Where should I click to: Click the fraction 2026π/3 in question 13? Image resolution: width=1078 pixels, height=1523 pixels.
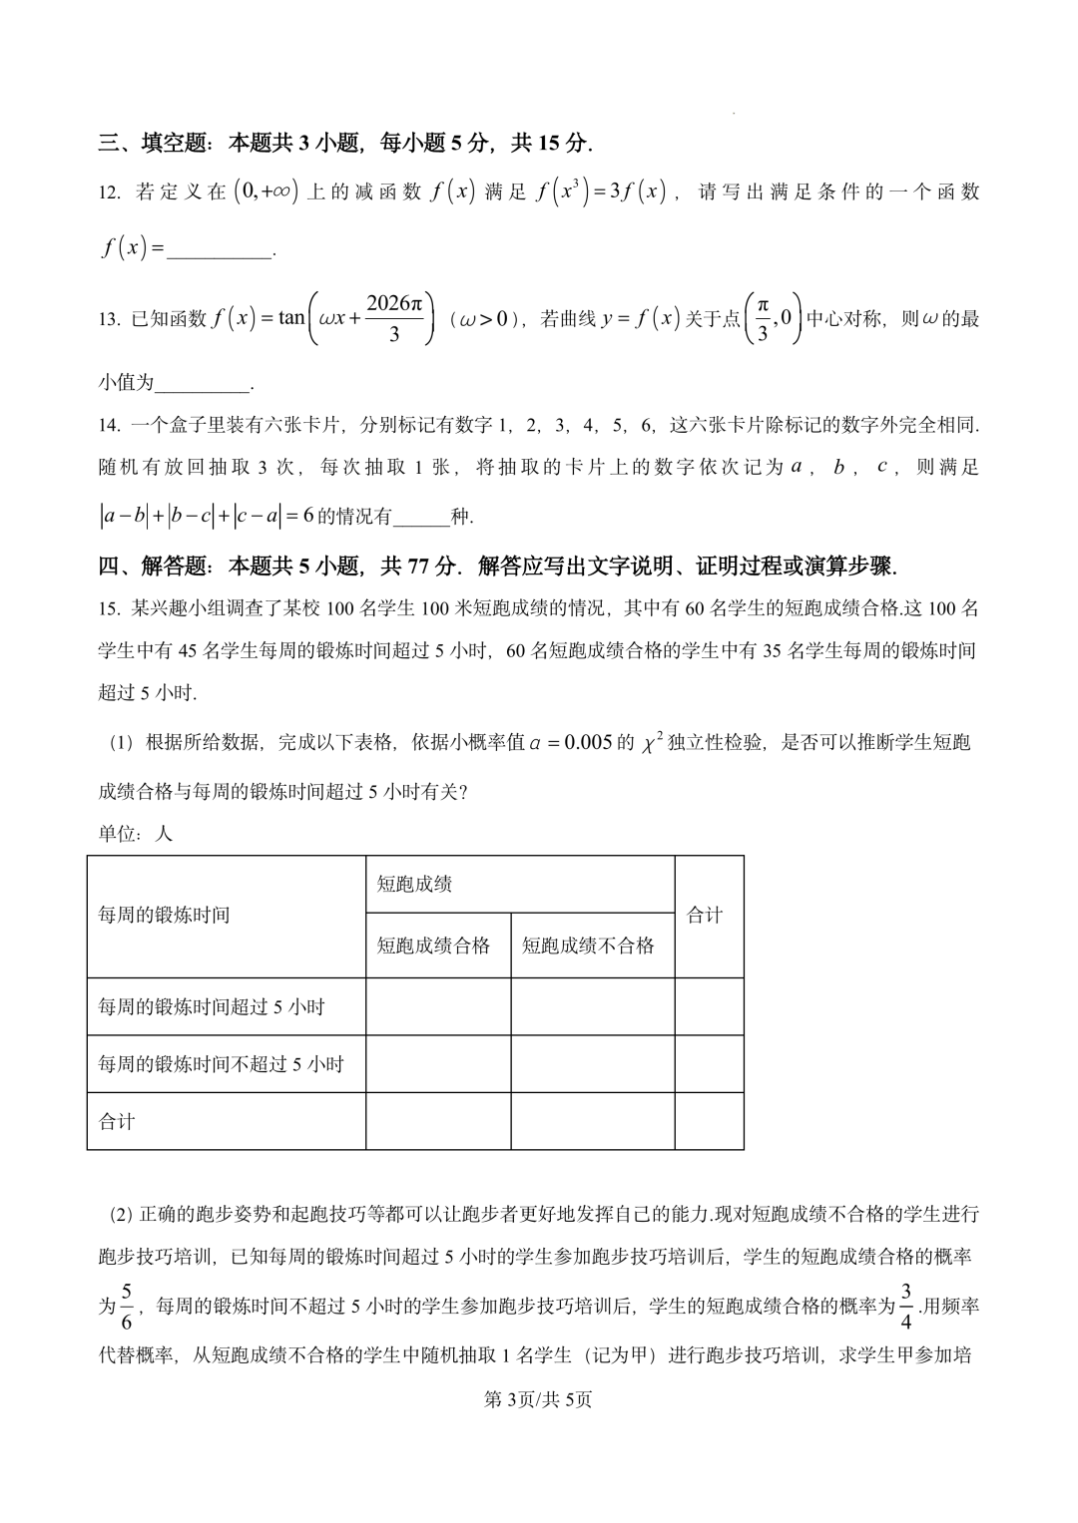[x=394, y=318]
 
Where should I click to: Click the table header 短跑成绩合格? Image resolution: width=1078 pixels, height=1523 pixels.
[x=433, y=946]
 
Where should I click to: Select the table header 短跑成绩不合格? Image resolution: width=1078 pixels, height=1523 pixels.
[x=588, y=946]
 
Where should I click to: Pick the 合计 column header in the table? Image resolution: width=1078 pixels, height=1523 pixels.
[x=705, y=916]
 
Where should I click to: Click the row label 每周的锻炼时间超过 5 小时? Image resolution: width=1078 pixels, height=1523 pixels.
[x=212, y=1007]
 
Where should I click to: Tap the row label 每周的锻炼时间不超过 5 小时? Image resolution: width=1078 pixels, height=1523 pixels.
[x=221, y=1064]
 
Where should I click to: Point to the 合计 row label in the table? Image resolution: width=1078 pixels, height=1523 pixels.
[x=117, y=1122]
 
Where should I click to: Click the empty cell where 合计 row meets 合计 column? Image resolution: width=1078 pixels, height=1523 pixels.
[x=709, y=1121]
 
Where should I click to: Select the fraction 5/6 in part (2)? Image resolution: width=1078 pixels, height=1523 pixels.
[x=126, y=1307]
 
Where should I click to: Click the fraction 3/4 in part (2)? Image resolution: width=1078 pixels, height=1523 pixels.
[x=906, y=1307]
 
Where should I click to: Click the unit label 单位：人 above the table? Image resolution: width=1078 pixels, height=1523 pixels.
[x=135, y=834]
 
